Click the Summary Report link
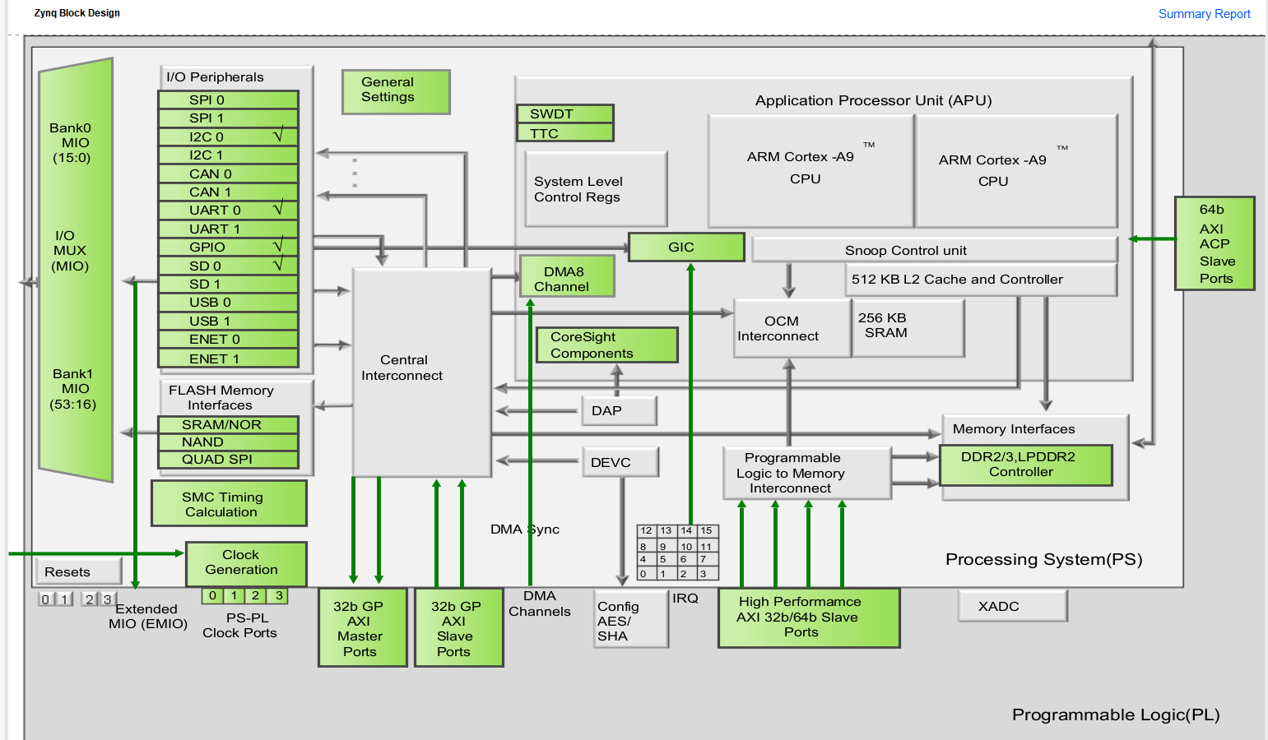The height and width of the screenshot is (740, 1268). point(1204,14)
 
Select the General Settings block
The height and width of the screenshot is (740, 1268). point(396,90)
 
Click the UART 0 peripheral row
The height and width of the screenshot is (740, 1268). point(228,210)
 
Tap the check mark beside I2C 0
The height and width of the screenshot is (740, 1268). point(278,136)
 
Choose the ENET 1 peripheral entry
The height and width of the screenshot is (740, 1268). point(228,358)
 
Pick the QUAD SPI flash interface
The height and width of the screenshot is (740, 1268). point(228,460)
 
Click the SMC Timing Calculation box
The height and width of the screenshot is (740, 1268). point(229,504)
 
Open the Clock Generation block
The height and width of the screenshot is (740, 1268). point(246,563)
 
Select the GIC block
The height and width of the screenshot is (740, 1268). point(685,247)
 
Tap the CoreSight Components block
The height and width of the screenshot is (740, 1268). point(606,345)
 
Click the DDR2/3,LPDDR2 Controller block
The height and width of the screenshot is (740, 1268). point(1025,465)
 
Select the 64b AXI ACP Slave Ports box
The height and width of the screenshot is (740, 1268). point(1215,243)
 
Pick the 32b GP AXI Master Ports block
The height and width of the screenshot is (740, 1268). point(363,627)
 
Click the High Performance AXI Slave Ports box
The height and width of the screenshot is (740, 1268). point(808,617)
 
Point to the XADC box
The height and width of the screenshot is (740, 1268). point(1012,607)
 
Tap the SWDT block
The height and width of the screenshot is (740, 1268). point(564,113)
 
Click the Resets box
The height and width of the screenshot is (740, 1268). point(78,571)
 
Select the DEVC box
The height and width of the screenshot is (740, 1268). point(620,462)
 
